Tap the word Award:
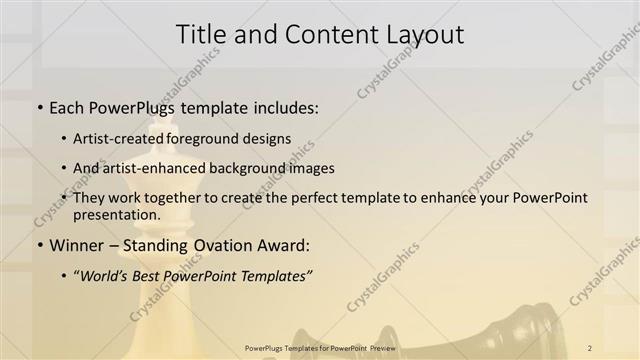pyautogui.click(x=283, y=245)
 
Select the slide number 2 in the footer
pyautogui.click(x=590, y=346)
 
